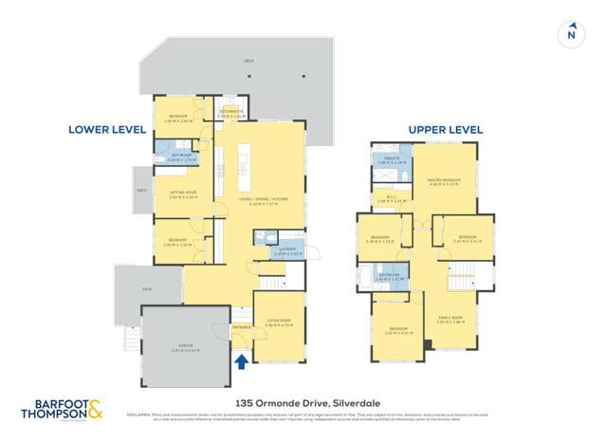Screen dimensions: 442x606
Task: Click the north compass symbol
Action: click(x=571, y=33)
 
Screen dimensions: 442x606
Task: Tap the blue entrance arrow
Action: click(x=241, y=359)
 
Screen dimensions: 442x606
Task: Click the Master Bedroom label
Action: click(x=444, y=181)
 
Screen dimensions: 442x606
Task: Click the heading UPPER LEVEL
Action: click(x=446, y=129)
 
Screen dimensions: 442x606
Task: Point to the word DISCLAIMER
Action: click(x=139, y=414)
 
